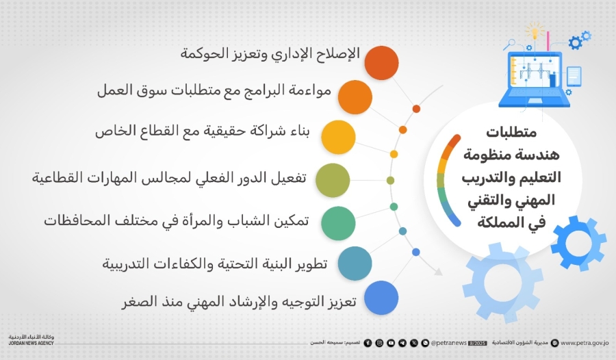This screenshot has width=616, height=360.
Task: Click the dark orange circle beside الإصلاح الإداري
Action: [x=381, y=63]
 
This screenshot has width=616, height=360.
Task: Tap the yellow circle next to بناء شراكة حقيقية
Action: [x=337, y=136]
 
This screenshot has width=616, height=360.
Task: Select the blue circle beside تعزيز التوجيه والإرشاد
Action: [x=381, y=298]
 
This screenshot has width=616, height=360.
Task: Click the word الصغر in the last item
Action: [x=137, y=302]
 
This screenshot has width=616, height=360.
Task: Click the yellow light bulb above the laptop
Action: [x=535, y=31]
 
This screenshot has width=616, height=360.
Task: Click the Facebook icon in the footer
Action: [x=368, y=342]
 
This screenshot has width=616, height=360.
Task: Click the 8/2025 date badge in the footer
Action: [x=420, y=342]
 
